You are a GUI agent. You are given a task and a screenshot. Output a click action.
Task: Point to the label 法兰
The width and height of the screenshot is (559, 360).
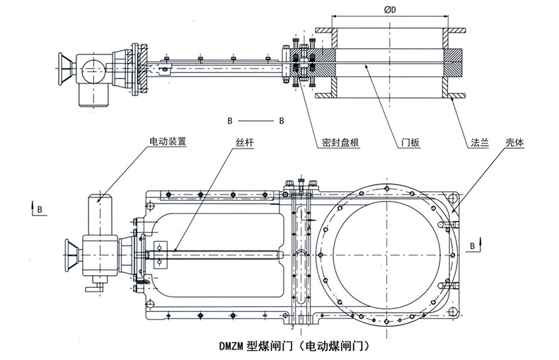click(480, 141)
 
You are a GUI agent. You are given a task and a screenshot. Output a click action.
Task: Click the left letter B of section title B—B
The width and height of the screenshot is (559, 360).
click(229, 120)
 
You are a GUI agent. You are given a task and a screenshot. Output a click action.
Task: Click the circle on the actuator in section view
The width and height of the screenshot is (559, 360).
click(90, 69)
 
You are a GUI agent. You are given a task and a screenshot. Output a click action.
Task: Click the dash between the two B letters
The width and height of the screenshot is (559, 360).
click(255, 120)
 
